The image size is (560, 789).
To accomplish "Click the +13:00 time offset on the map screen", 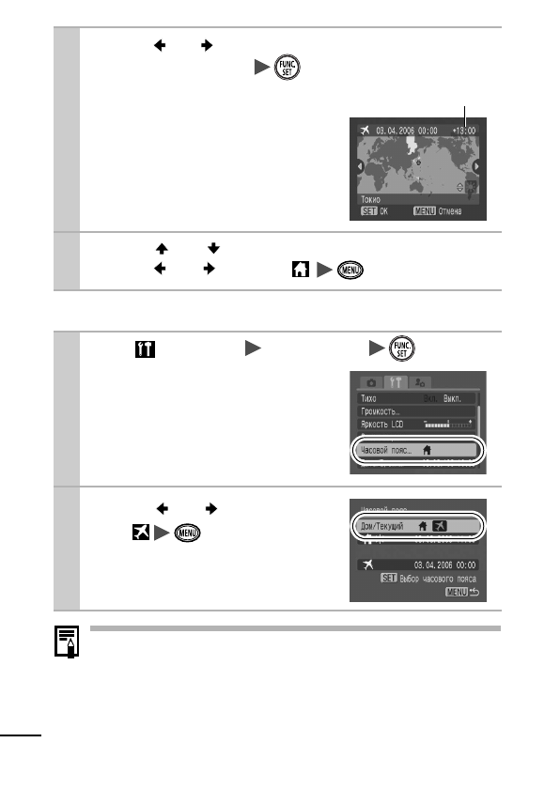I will pos(463,131).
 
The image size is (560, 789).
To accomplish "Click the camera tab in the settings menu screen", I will pos(371,382).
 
